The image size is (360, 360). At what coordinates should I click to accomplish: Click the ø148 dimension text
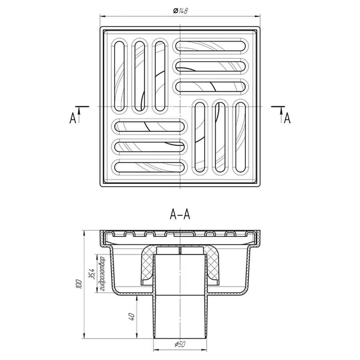[180, 10]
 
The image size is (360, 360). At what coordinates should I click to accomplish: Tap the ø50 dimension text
[180, 344]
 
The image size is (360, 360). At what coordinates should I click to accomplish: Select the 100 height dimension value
[79, 284]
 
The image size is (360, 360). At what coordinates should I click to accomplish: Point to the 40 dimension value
[132, 317]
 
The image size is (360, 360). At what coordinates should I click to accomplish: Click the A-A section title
[180, 215]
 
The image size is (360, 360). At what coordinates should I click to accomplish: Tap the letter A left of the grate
[73, 118]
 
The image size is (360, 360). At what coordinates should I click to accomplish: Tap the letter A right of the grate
[287, 118]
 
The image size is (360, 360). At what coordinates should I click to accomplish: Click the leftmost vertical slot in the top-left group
[119, 76]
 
